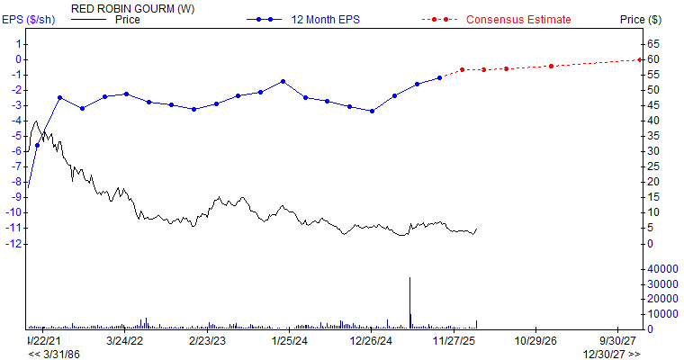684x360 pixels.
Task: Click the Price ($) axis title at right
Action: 640,19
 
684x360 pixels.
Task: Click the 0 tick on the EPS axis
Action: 18,59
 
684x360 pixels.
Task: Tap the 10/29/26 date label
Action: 535,341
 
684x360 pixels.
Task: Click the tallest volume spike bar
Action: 410,301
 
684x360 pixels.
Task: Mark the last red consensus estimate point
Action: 639,59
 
